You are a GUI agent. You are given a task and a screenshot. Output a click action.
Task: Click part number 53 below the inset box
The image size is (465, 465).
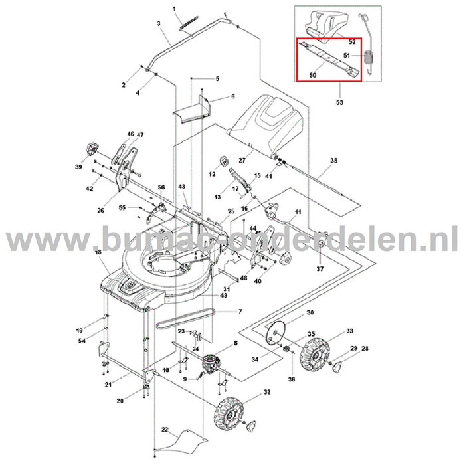[x=339, y=103]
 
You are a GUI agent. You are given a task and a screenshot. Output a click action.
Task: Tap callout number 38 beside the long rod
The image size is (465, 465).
[x=333, y=161]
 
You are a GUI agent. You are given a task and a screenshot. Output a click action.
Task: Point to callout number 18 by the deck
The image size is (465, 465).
[x=98, y=253]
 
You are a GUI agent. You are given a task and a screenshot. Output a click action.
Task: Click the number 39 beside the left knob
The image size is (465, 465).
[x=79, y=165]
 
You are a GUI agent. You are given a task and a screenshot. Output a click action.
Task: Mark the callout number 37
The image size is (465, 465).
[x=320, y=269]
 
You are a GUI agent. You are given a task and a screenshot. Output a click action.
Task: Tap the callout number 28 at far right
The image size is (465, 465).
[x=364, y=348]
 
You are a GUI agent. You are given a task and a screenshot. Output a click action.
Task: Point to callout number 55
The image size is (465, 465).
[x=122, y=209]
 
